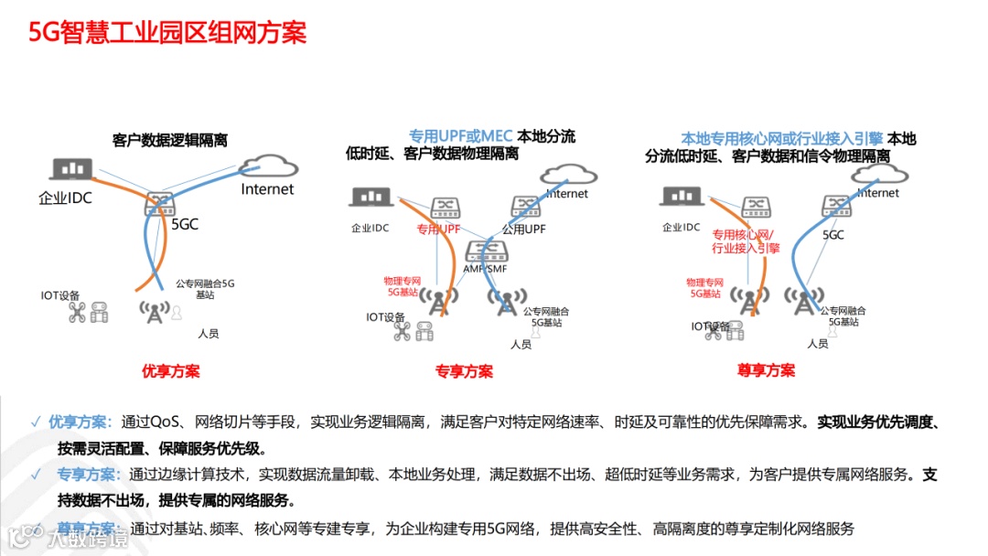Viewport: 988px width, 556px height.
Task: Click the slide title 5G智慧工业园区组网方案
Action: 168,33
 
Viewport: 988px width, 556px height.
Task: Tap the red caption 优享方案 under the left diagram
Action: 170,370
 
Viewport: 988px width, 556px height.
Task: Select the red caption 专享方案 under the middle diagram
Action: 464,371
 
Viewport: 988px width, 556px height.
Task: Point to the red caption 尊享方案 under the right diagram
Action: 766,370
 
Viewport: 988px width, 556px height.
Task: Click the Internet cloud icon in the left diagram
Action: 266,166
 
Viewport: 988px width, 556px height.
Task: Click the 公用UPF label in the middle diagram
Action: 523,230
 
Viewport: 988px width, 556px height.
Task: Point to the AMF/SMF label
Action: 485,270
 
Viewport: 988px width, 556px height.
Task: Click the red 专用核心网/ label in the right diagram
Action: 743,234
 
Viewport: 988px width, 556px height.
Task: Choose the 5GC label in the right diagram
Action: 833,234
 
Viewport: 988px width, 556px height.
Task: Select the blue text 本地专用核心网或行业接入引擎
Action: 781,139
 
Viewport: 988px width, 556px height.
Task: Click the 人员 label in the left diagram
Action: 209,334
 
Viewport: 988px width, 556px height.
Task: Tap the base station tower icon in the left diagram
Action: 155,310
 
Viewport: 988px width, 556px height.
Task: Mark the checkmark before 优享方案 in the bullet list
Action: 35,422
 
